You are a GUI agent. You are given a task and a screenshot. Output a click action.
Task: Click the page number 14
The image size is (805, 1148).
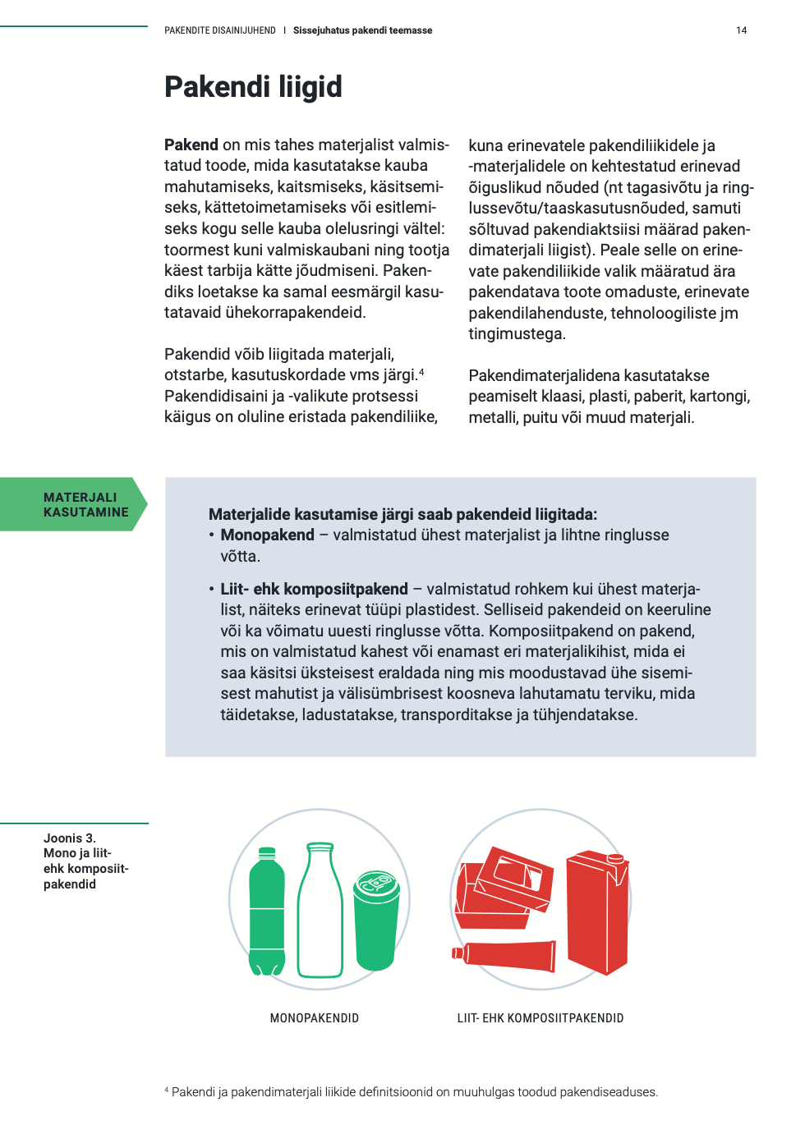coord(741,30)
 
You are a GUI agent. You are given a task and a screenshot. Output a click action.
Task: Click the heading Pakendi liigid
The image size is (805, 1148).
coord(253,87)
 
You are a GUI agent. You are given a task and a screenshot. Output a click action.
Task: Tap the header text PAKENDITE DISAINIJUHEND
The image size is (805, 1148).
coord(220,30)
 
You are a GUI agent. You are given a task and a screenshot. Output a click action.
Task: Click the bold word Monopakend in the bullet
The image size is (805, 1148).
coord(267,535)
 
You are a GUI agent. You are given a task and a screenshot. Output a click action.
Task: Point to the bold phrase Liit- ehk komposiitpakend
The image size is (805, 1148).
coord(314,589)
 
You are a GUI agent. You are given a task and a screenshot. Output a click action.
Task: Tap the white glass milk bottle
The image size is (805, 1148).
coord(320,912)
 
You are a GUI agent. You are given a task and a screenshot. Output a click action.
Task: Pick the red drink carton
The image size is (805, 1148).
coord(598,912)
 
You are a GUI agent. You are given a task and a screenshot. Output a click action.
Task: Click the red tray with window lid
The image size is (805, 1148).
coord(505,887)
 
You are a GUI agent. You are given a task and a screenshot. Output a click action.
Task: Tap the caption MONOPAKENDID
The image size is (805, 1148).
coord(315,1018)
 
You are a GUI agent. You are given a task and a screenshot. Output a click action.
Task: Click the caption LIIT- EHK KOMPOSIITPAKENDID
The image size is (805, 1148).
coord(540,1018)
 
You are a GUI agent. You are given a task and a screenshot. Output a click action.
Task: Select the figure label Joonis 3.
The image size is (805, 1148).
coord(70,838)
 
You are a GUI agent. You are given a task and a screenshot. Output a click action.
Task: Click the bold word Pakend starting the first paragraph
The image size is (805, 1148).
coord(191,145)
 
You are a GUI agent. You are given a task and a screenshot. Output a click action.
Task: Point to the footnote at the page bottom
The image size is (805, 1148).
coord(411,1092)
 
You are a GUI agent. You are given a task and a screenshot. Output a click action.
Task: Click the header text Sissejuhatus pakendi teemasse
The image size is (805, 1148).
coord(362,30)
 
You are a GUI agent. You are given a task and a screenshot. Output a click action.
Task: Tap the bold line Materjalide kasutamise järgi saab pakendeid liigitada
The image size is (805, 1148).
coord(402,515)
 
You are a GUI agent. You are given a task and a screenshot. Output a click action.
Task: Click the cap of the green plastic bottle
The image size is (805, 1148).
coord(267,852)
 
